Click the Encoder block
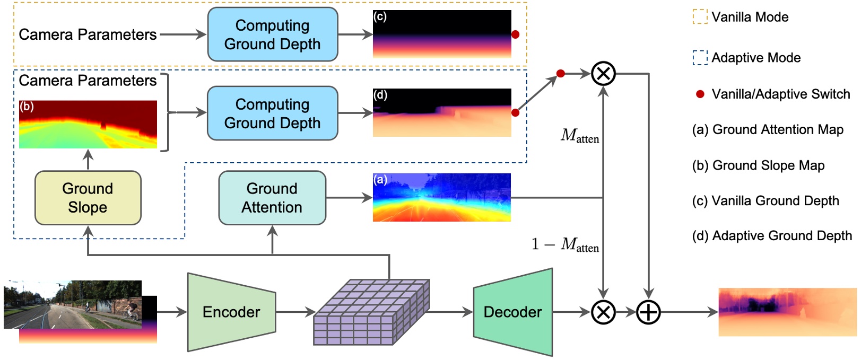point(231,312)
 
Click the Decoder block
point(512,312)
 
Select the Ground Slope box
point(88,198)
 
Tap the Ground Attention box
point(272,198)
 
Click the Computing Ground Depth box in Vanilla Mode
point(272,34)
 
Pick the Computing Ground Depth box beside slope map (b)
point(272,113)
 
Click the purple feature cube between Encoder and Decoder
point(371,313)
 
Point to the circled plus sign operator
point(648,312)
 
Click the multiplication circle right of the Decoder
point(603,312)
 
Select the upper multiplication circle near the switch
point(603,73)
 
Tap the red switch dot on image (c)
point(515,34)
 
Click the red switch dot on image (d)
point(515,112)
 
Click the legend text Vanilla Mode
point(750,17)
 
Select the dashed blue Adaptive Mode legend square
point(700,57)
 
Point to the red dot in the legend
point(700,94)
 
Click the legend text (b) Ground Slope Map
point(758,165)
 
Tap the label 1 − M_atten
point(566,244)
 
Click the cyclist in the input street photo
point(131,311)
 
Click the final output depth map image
point(787,312)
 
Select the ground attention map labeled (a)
point(441,197)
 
